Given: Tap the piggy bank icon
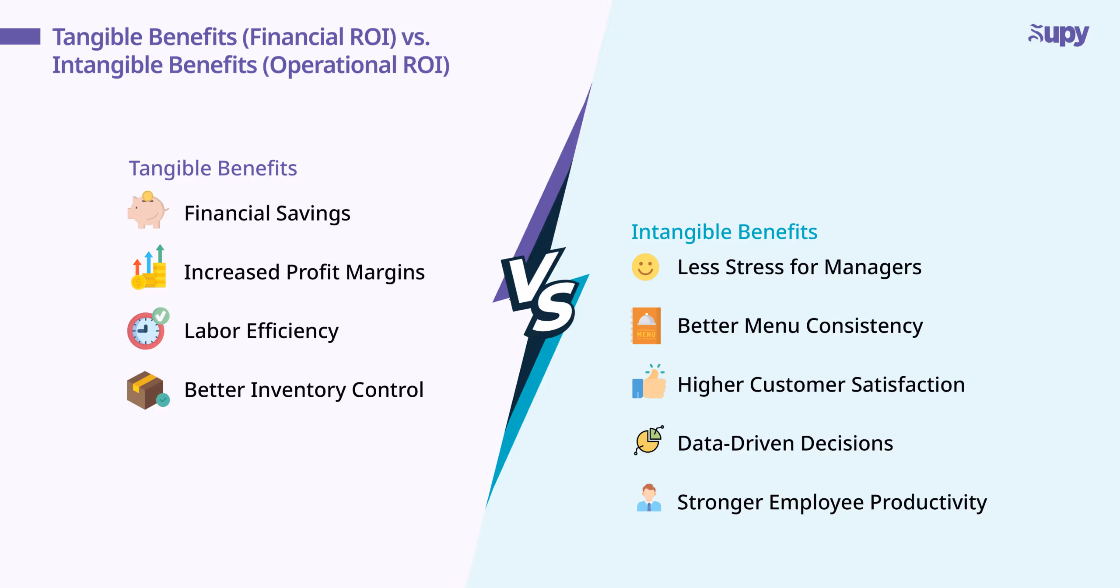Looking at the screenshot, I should click(x=147, y=211).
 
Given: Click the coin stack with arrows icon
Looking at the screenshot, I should click(x=149, y=268).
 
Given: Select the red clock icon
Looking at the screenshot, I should click(x=146, y=330).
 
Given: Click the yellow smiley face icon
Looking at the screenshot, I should click(x=645, y=267).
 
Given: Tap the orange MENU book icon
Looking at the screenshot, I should click(x=646, y=326).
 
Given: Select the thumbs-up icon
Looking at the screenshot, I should click(x=649, y=383).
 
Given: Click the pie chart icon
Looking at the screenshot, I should click(x=649, y=441).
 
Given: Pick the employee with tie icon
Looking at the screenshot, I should click(x=649, y=499).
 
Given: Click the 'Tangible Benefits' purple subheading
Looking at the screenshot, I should click(x=213, y=168).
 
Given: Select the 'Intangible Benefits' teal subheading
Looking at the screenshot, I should click(x=724, y=232).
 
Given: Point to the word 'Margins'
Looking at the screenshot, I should click(x=385, y=273).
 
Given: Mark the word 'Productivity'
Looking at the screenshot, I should click(x=928, y=502).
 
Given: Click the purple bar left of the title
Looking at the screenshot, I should click(x=20, y=36).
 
